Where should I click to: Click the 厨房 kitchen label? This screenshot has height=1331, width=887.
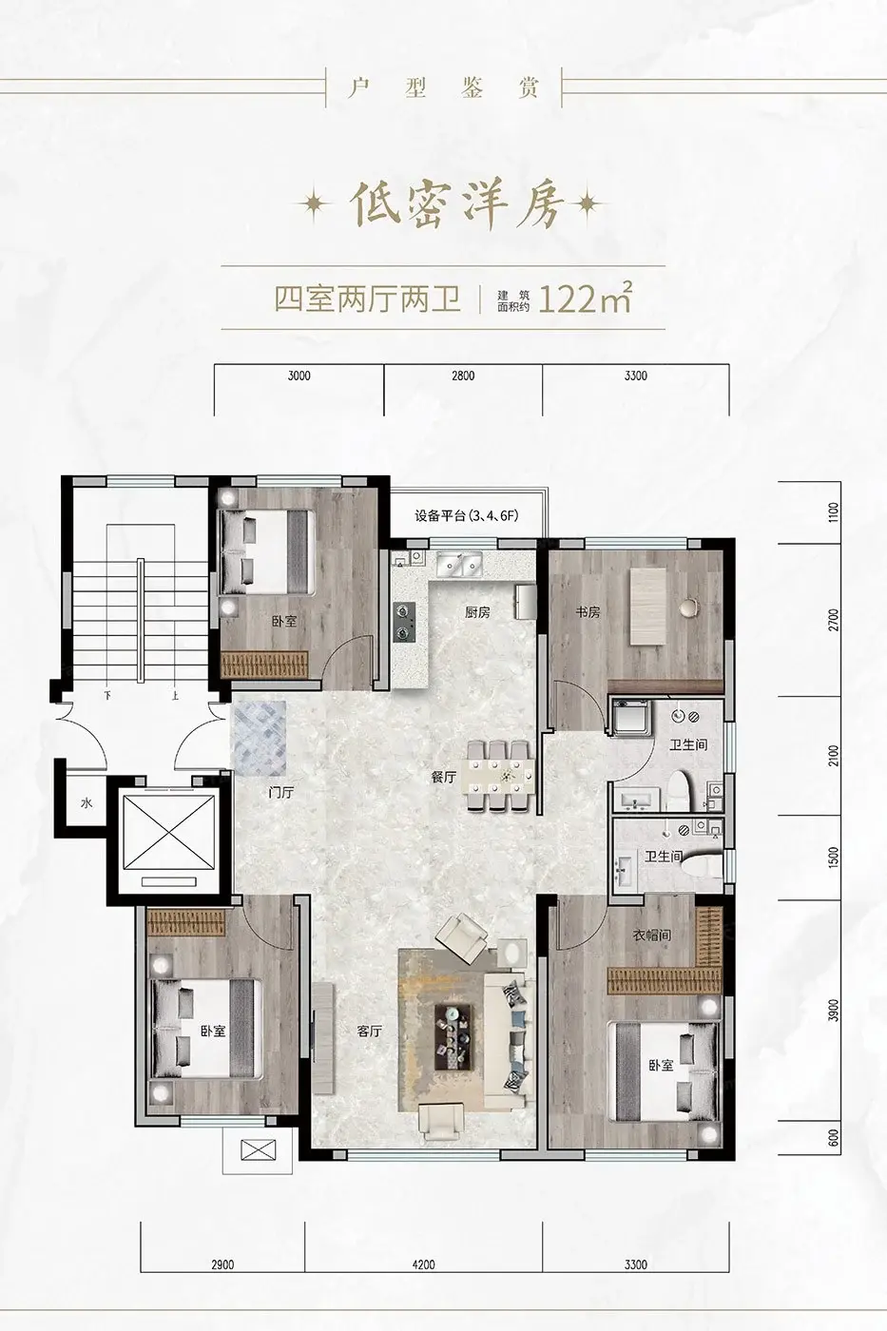click(477, 612)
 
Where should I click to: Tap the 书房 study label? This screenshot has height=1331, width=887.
click(588, 612)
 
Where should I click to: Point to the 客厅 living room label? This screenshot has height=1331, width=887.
click(370, 1031)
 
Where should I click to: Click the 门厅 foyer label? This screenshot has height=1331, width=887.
click(281, 792)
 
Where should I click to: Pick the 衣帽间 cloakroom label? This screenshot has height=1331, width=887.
click(652, 936)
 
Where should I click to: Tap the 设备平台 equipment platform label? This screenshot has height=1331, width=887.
click(467, 515)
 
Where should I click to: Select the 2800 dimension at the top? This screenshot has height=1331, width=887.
click(463, 376)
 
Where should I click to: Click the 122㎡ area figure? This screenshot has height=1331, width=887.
click(584, 299)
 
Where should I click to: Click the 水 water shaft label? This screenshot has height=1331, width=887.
click(87, 803)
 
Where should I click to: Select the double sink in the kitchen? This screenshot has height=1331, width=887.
click(458, 564)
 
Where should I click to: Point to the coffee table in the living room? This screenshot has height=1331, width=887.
click(455, 1037)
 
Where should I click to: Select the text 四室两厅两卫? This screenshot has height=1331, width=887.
click(368, 299)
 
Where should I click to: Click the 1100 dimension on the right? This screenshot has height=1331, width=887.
click(835, 512)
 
